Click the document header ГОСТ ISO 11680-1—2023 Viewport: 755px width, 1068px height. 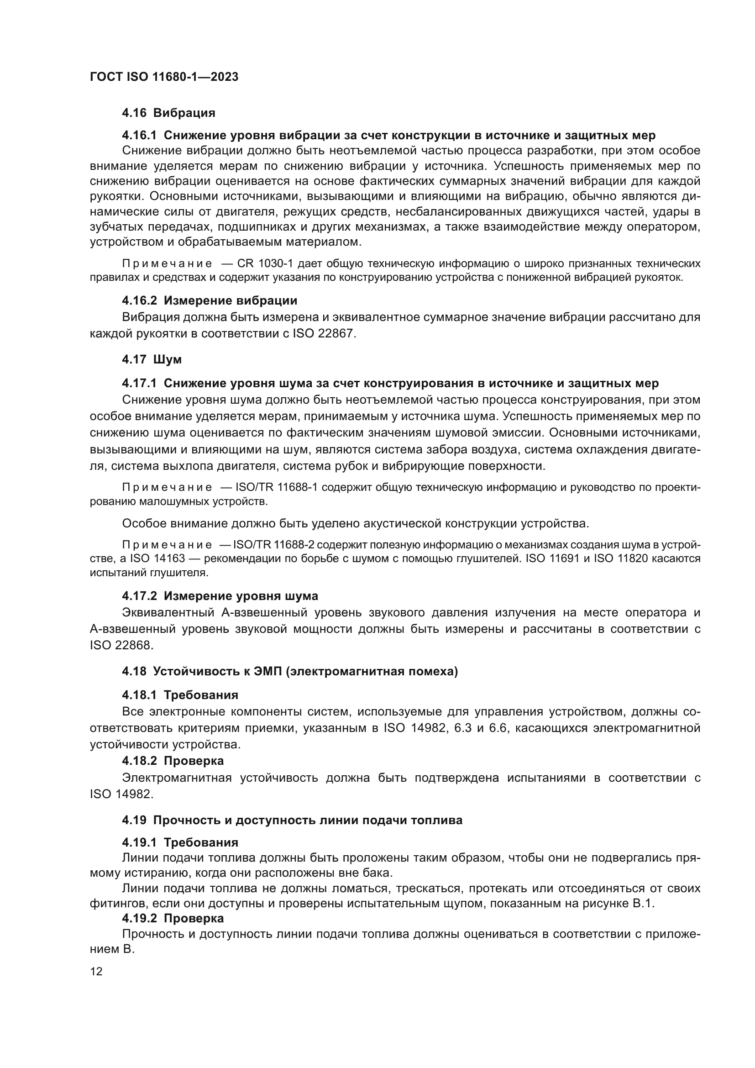[x=164, y=77]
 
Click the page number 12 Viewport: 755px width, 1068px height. [x=96, y=972]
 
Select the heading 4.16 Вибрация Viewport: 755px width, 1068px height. [x=168, y=113]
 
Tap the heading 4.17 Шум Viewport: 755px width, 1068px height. [x=152, y=359]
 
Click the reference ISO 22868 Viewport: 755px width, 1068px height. [x=121, y=646]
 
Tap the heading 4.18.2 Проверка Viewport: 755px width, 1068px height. [x=173, y=761]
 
